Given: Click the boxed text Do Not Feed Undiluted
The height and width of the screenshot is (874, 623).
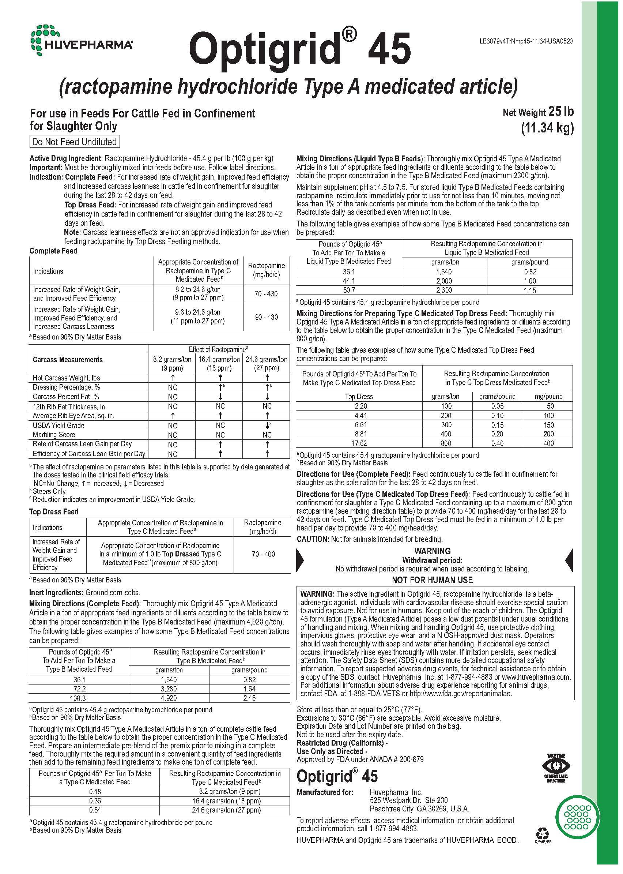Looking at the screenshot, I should pyautogui.click(x=75, y=142).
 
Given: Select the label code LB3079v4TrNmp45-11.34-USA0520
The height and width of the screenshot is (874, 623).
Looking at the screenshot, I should pyautogui.click(x=526, y=41).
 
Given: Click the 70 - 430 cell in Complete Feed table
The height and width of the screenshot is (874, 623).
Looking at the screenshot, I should pyautogui.click(x=266, y=294).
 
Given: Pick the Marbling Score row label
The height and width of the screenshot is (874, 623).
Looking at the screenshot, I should pyautogui.click(x=54, y=435).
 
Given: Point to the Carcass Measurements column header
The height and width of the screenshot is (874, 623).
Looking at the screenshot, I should pyautogui.click(x=68, y=360).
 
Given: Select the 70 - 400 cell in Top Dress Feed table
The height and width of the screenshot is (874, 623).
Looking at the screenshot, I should pyautogui.click(x=263, y=554).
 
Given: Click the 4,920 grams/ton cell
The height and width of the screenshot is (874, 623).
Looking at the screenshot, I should pyautogui.click(x=169, y=698).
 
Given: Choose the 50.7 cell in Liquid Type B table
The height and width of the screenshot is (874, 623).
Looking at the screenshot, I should pyautogui.click(x=349, y=290).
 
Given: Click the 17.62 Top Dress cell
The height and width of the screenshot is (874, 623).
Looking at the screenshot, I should pyautogui.click(x=359, y=443).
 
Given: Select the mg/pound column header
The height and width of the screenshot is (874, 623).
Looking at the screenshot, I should pyautogui.click(x=548, y=397).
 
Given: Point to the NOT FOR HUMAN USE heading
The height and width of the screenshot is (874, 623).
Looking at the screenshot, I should pyautogui.click(x=433, y=580).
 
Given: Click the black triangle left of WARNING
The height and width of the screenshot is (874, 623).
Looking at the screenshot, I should pyautogui.click(x=300, y=560).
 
